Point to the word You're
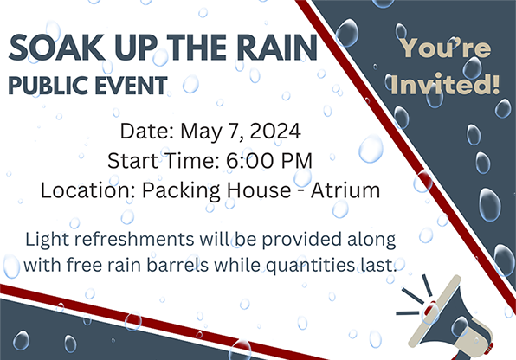click(443, 49)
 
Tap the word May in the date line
click(200, 133)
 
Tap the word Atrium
click(346, 190)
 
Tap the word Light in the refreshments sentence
click(48, 238)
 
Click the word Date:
click(146, 133)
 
